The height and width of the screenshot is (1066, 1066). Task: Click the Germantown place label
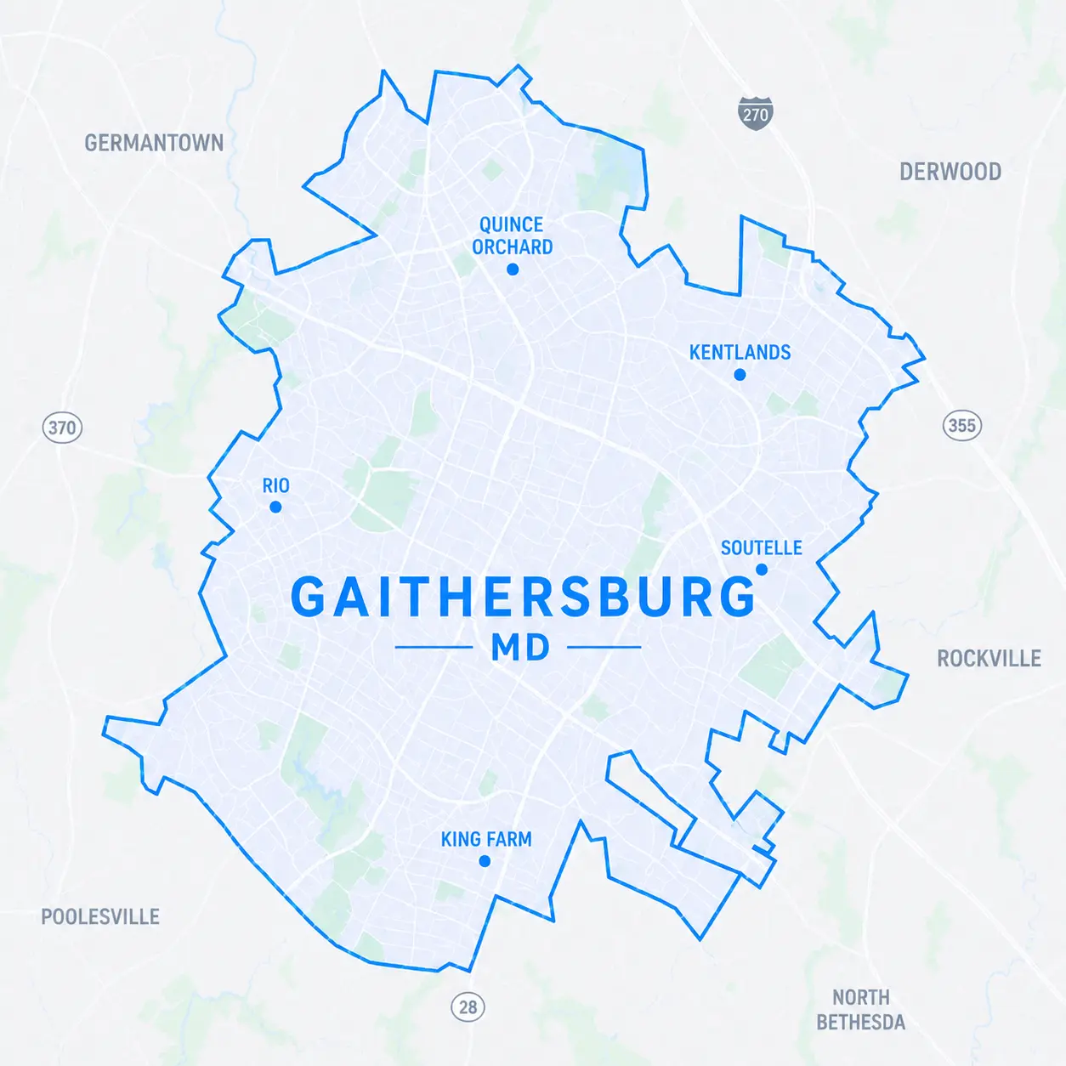pyautogui.click(x=154, y=143)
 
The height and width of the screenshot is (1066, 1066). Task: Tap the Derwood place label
pyautogui.click(x=950, y=172)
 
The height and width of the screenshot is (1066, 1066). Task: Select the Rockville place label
pyautogui.click(x=989, y=659)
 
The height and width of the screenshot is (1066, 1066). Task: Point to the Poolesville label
pyautogui.click(x=100, y=917)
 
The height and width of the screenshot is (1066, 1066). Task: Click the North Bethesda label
pyautogui.click(x=860, y=1010)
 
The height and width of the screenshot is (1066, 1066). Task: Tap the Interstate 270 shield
pyautogui.click(x=755, y=114)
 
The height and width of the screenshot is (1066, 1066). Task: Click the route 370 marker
pyautogui.click(x=62, y=427)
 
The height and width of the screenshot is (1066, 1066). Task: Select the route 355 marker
pyautogui.click(x=961, y=425)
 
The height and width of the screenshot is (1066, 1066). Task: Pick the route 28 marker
pyautogui.click(x=468, y=1007)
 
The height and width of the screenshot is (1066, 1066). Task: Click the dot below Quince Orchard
pyautogui.click(x=513, y=269)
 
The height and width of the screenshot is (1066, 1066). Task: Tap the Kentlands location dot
pyautogui.click(x=740, y=375)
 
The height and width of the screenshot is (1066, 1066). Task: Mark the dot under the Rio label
pyautogui.click(x=275, y=507)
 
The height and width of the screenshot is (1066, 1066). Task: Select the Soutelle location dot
pyautogui.click(x=762, y=570)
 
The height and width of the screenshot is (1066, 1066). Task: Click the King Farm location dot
pyautogui.click(x=485, y=861)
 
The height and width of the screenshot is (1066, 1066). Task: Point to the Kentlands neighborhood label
pyautogui.click(x=740, y=353)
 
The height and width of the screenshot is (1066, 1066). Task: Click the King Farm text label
pyautogui.click(x=486, y=840)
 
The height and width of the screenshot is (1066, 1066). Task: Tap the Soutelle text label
pyautogui.click(x=761, y=548)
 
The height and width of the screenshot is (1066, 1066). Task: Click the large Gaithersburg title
pyautogui.click(x=522, y=598)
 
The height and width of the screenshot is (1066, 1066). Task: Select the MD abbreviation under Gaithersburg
pyautogui.click(x=521, y=649)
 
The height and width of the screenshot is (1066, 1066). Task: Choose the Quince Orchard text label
pyautogui.click(x=512, y=236)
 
